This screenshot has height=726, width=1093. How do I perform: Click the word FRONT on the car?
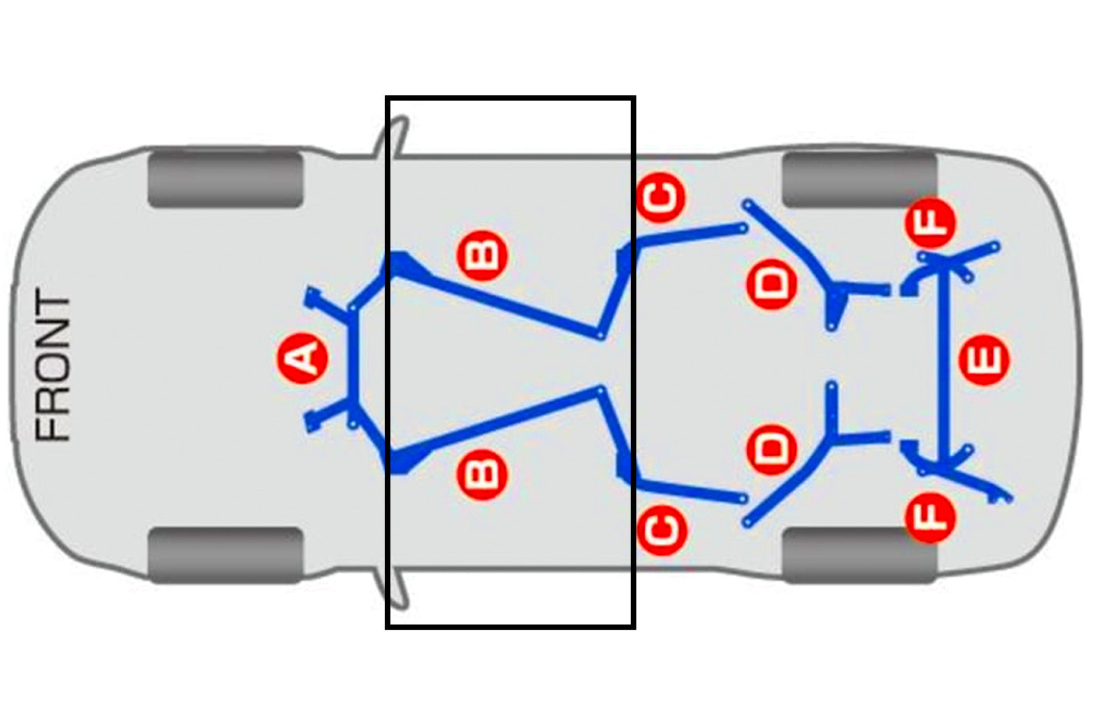(54, 365)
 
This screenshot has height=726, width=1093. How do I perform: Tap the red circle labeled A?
(303, 358)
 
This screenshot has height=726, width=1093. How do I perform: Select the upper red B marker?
(482, 255)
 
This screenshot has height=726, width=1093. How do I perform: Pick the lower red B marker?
(482, 475)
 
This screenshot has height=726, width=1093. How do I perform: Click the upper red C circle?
(661, 197)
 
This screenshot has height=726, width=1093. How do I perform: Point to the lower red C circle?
(662, 530)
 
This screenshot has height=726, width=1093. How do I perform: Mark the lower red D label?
(772, 450)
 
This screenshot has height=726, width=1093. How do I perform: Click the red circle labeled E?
(984, 360)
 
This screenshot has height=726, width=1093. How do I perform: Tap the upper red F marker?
(930, 222)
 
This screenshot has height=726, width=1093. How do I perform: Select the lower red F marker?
(930, 518)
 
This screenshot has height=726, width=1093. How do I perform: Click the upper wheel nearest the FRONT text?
(226, 179)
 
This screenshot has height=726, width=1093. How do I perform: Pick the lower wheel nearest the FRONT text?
(226, 555)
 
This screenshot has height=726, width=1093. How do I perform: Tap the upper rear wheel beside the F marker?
(860, 179)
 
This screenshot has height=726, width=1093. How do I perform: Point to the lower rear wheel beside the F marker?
(860, 555)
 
